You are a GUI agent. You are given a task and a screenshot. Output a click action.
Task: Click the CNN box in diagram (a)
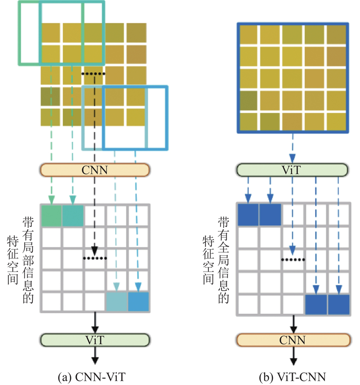click(x=94, y=170)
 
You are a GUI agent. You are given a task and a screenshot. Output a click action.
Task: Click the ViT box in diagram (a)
click(x=94, y=340)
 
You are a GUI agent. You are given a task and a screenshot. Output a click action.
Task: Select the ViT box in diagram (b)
click(x=292, y=170)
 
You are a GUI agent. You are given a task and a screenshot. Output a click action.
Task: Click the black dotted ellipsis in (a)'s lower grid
click(x=94, y=258)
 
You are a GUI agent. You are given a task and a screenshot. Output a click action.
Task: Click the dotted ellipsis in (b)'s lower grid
click(x=293, y=259)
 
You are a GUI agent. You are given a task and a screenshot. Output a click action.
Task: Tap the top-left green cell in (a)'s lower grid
click(x=51, y=215)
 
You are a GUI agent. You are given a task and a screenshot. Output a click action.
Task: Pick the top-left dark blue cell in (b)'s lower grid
click(x=247, y=215)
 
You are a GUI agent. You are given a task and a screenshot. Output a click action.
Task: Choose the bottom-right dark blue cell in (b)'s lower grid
click(x=338, y=304)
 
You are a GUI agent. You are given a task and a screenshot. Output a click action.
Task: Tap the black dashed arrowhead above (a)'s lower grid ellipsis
click(x=95, y=250)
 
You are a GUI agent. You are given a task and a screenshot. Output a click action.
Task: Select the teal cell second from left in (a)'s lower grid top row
click(x=73, y=215)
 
